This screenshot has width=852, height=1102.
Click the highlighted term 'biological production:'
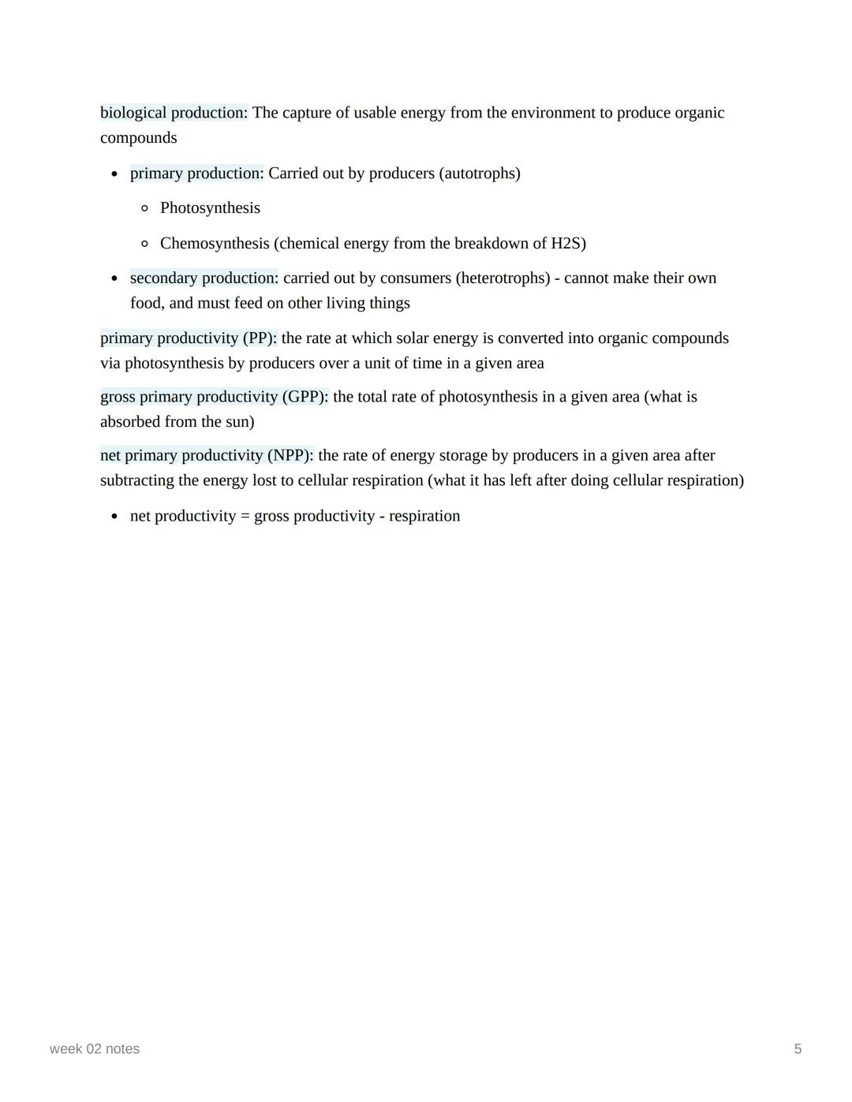pyautogui.click(x=174, y=113)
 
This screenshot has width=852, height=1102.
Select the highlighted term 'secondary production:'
pyautogui.click(x=204, y=278)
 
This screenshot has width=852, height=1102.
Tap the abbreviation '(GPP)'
pyautogui.click(x=305, y=397)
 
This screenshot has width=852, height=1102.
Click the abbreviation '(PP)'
pyautogui.click(x=260, y=338)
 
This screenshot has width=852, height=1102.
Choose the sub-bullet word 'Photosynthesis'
pyautogui.click(x=210, y=208)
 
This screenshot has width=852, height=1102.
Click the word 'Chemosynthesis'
pyautogui.click(x=215, y=244)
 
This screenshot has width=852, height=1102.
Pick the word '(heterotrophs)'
pyautogui.click(x=503, y=278)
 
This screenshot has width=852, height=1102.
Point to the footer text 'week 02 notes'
pyautogui.click(x=95, y=1049)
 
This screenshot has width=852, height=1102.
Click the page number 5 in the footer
pyautogui.click(x=798, y=1049)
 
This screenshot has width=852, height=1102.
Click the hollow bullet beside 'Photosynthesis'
pyautogui.click(x=144, y=209)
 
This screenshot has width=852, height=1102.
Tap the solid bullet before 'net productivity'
pyautogui.click(x=115, y=517)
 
